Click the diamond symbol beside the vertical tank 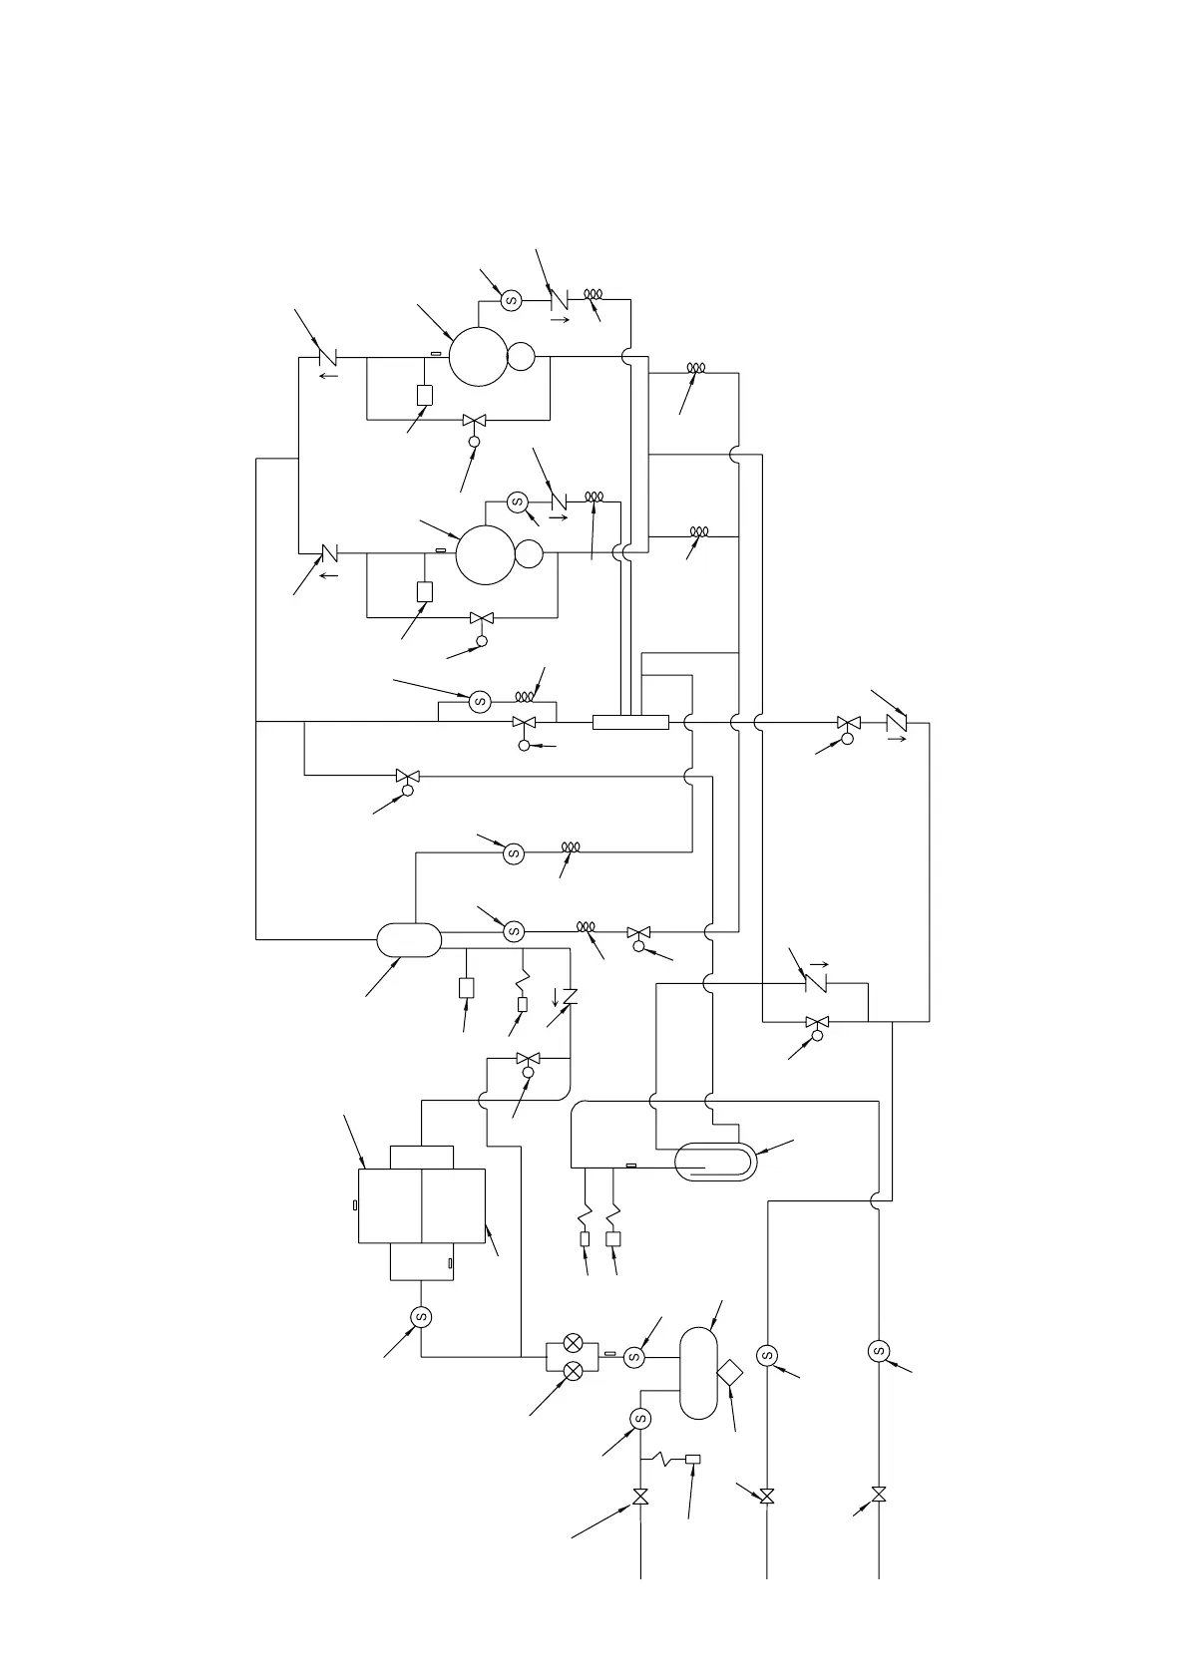coord(730,1372)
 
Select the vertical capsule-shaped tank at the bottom coord(698,1372)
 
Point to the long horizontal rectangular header coord(630,722)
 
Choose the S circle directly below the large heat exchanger coord(421,1317)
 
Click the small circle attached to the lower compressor coord(529,553)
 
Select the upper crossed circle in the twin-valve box coord(574,1343)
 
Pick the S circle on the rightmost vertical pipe coord(879,1351)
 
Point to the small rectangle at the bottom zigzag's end coord(693,1459)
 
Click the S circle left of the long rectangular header coord(480,701)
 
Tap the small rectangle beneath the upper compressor coord(425,395)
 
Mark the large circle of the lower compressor coord(486,554)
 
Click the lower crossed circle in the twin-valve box coord(574,1371)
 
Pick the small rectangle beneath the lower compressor coord(425,591)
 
